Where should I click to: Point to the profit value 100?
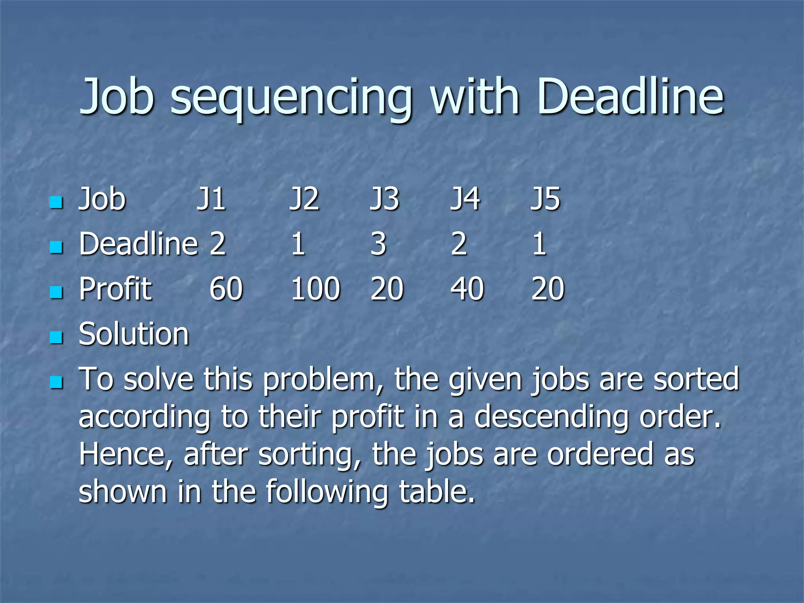click(315, 289)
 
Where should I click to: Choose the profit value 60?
click(226, 289)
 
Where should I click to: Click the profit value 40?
click(467, 289)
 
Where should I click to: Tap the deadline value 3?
click(378, 244)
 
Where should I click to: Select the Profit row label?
click(115, 289)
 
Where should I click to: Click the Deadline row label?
click(138, 244)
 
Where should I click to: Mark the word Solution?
click(133, 334)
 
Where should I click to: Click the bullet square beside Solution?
click(57, 337)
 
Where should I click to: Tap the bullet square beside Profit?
click(57, 292)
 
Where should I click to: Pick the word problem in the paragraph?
click(323, 380)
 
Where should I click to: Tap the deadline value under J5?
click(539, 244)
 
